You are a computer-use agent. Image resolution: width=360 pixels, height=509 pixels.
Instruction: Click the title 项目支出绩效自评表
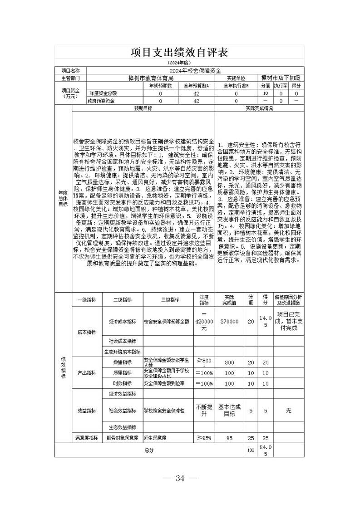pos(179,53)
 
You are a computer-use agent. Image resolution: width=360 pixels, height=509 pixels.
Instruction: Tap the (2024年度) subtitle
pos(179,63)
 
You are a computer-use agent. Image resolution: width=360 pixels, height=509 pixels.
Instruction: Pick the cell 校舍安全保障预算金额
pos(166,321)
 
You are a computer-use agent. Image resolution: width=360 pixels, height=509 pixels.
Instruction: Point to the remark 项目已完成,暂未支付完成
pos(288,321)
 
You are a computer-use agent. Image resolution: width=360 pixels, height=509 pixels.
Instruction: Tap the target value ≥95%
pos(204,438)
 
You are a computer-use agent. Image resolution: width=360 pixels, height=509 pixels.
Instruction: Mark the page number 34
pos(180,478)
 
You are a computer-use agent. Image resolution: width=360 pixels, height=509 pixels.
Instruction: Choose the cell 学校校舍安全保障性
pos(164,411)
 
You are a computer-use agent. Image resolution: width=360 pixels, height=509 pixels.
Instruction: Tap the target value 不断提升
pos(204,411)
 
